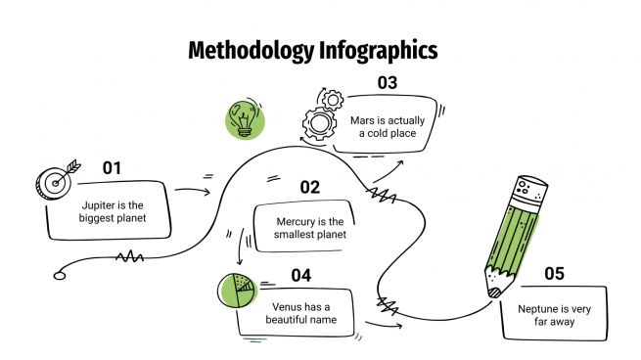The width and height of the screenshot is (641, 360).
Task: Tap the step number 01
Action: point(113,167)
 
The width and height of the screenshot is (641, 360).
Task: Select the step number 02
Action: point(310,187)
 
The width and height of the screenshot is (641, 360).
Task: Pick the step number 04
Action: point(300,275)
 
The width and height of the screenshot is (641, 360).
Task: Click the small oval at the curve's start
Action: point(60,275)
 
